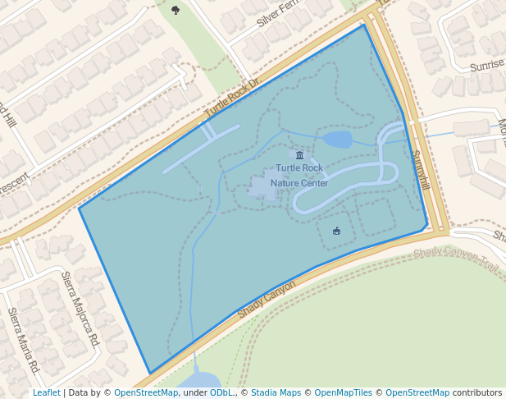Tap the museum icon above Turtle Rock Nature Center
pos(299,155)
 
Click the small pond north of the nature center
pos(337,139)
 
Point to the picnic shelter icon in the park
pos(336,231)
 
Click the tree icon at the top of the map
pos(176,10)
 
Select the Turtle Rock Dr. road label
pos(231,97)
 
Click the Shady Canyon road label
pos(266,300)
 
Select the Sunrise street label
pos(487,65)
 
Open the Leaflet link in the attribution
pos(46,393)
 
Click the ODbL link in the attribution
pos(221,393)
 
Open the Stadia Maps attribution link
pos(276,393)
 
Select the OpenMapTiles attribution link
pos(343,393)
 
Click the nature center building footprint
pos(262,187)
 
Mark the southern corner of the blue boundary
pos(149,373)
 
